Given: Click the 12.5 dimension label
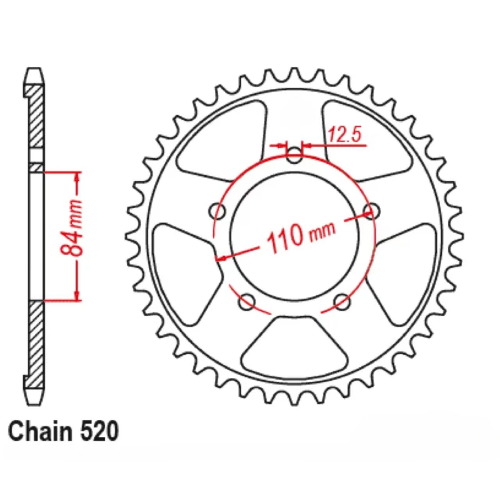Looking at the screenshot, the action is coord(345,134).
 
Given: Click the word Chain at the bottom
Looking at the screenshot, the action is coord(40,431).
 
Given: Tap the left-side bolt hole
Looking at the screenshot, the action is coord(217,211).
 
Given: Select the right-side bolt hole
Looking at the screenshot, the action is coord(371,211).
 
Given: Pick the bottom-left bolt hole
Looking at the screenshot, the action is coord(247,301).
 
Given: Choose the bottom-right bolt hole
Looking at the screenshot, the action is coord(342,301).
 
